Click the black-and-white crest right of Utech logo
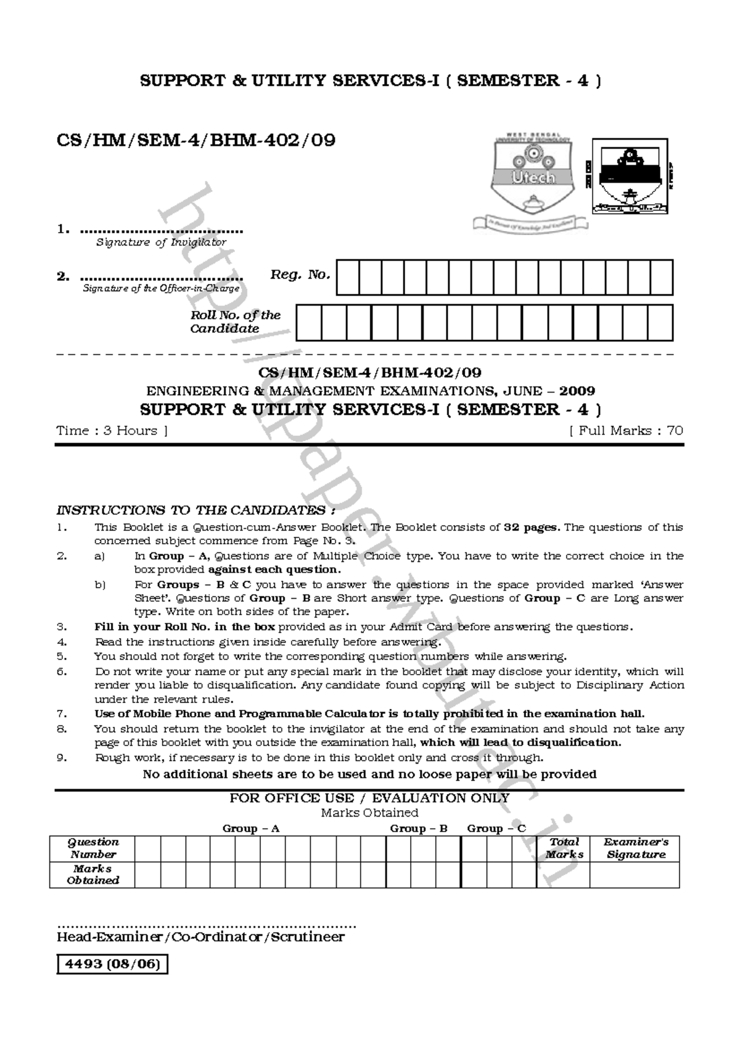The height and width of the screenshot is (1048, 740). [630, 175]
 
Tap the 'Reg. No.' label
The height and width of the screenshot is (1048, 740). [300, 275]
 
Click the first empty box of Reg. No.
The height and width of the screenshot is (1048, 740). [348, 277]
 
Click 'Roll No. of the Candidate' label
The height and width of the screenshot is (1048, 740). [235, 322]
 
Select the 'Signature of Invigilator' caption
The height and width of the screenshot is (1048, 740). [161, 243]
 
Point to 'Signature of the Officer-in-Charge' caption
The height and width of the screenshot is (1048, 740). [161, 288]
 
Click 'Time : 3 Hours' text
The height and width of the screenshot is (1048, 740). [112, 431]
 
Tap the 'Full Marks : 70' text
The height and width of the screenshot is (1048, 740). [626, 431]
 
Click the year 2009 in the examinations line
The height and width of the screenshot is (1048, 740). [578, 391]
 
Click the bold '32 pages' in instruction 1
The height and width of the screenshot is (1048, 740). [532, 527]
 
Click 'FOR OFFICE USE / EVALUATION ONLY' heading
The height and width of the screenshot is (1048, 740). [369, 798]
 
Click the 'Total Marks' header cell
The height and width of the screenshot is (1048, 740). [564, 848]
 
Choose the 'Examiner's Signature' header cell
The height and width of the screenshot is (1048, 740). [635, 848]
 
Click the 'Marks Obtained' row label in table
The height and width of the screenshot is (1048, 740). [92, 875]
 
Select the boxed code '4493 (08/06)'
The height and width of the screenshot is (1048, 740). [112, 964]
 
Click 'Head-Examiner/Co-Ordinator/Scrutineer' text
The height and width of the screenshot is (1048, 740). [200, 937]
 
